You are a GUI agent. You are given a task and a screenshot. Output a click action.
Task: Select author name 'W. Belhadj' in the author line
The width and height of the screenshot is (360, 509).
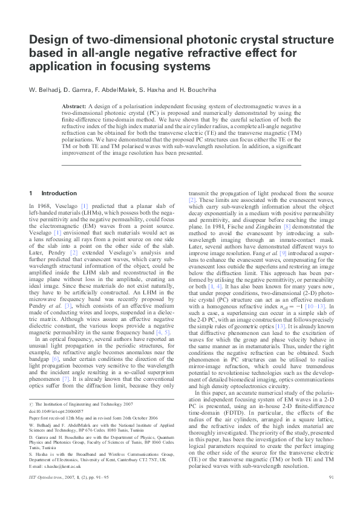tap(45, 90)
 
